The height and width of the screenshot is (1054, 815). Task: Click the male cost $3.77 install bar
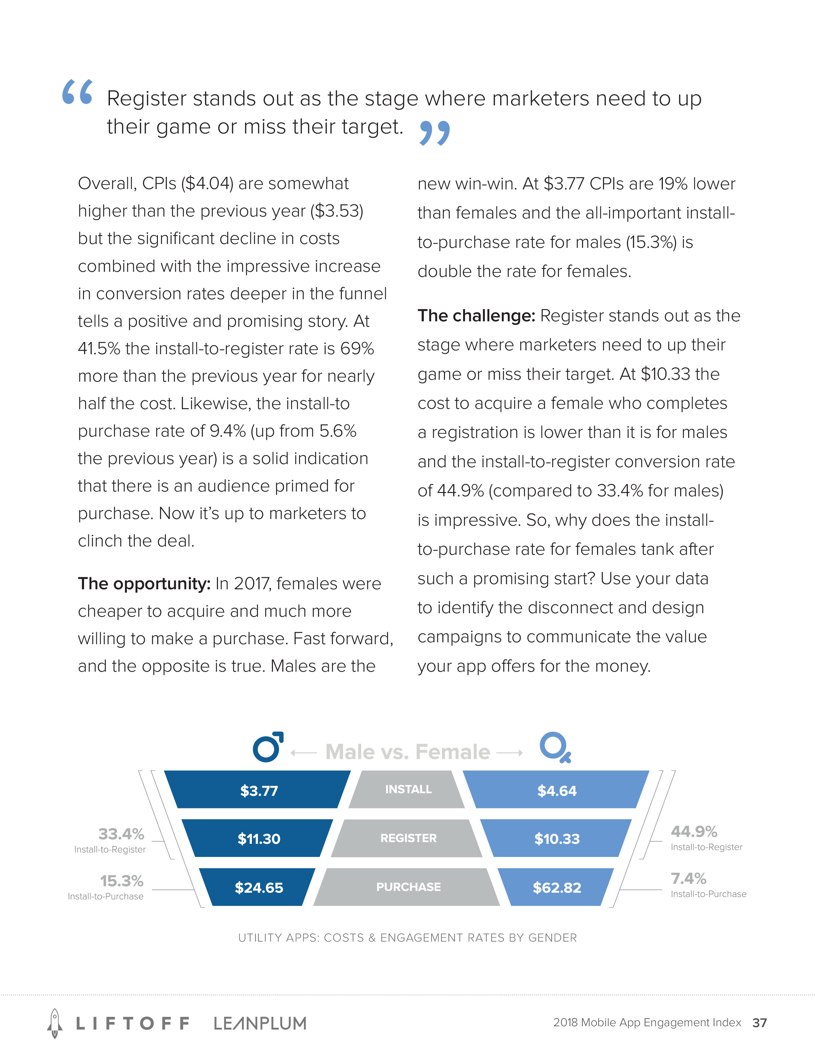[x=258, y=790]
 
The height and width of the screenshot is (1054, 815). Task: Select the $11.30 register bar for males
[x=258, y=838]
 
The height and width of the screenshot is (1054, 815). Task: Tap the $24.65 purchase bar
[x=258, y=887]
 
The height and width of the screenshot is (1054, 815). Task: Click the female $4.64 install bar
[x=556, y=790]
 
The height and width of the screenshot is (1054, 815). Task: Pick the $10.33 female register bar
[x=556, y=838]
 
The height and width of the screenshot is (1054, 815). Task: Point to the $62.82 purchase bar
[x=556, y=887]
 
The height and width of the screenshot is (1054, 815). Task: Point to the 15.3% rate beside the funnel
[x=122, y=881]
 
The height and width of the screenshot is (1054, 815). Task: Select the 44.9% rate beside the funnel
[x=694, y=831]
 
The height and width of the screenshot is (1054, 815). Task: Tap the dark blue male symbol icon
[x=268, y=747]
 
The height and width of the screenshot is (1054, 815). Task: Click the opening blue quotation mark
[x=77, y=92]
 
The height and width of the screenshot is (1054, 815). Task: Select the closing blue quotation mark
[x=435, y=133]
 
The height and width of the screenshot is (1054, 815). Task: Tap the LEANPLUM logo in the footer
[x=260, y=1023]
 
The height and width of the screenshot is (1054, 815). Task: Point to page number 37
[x=759, y=1023]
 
